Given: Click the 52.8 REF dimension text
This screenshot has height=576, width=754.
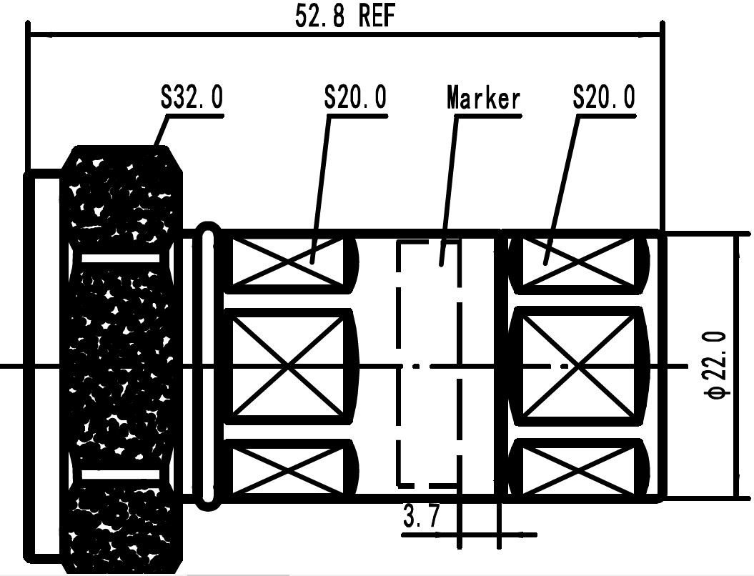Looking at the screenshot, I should [x=344, y=16].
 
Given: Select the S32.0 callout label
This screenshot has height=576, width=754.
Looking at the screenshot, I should [x=191, y=98].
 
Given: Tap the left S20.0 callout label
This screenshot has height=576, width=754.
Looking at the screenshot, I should [x=355, y=98].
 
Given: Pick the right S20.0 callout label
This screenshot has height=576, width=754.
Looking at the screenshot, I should [x=603, y=98].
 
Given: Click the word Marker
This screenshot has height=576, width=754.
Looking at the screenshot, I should [x=483, y=98].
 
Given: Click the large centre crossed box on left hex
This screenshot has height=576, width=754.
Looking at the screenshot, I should [x=289, y=365].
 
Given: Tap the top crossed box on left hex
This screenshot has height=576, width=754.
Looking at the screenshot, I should [x=289, y=263].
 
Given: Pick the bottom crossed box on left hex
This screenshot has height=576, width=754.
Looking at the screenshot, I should [x=289, y=470].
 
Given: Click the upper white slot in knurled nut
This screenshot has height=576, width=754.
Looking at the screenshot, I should [x=120, y=257].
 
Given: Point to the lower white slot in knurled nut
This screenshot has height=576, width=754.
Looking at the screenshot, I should [x=120, y=474].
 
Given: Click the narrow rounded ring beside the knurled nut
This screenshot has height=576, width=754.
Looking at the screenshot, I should [x=208, y=365].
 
